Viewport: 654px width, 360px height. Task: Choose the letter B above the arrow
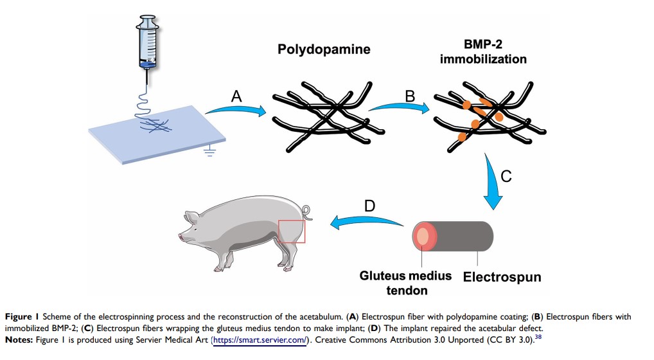[409, 96]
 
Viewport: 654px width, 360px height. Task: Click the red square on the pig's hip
[292, 230]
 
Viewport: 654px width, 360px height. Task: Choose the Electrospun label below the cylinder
[502, 277]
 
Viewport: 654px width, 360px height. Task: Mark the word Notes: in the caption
[19, 338]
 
